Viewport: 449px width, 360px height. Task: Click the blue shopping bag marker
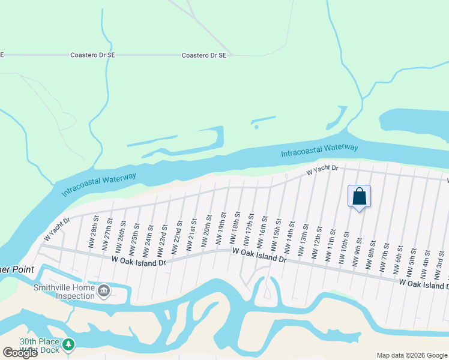(359, 197)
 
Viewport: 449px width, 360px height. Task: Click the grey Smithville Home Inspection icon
(104, 291)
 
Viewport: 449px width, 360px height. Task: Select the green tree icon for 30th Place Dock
(70, 344)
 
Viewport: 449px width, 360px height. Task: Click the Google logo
(20, 353)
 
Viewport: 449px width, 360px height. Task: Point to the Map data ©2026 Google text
(411, 355)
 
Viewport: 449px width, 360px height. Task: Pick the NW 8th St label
(373, 251)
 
